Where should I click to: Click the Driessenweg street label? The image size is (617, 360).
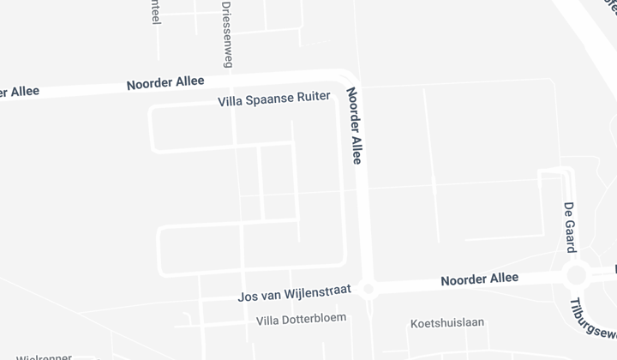[x=227, y=34]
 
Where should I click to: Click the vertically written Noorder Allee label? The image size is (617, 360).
[x=355, y=125]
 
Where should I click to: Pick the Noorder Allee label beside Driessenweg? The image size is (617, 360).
[x=165, y=83]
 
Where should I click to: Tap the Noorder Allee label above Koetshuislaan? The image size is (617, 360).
[x=479, y=279]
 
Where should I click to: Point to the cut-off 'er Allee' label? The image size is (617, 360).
[x=19, y=92]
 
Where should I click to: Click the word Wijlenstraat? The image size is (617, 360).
[x=314, y=292]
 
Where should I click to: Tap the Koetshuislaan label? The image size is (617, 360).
[x=447, y=322]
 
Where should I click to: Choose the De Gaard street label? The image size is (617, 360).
[x=569, y=227]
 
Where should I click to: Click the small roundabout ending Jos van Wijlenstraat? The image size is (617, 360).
[x=369, y=290]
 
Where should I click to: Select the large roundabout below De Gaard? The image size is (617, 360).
[x=576, y=275]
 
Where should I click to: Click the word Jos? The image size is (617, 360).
[x=247, y=297]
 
